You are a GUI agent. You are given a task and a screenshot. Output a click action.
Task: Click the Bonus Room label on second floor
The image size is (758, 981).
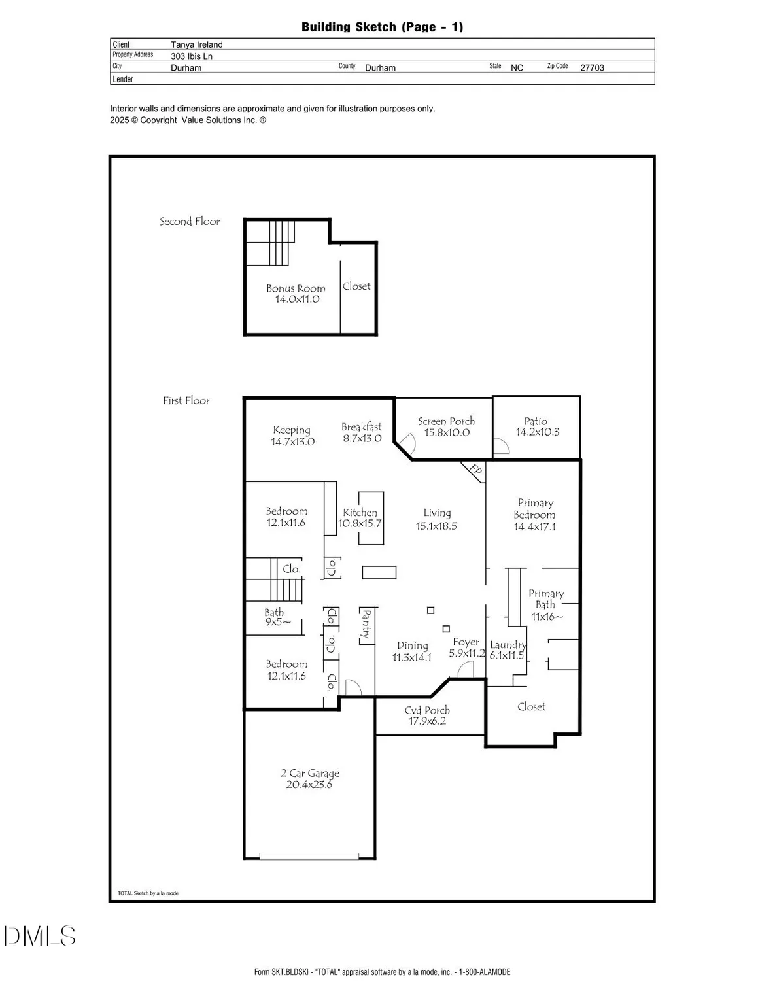click(x=296, y=288)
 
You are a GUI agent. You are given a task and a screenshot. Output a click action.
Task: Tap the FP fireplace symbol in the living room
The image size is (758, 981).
click(x=475, y=470)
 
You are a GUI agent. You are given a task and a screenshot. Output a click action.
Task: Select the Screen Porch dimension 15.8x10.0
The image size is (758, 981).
click(x=447, y=433)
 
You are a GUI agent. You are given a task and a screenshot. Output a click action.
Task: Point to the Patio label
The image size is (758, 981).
click(x=536, y=421)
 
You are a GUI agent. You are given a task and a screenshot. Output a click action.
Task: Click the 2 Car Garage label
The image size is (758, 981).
click(x=309, y=773)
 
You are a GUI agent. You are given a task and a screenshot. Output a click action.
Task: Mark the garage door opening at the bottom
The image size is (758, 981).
click(x=309, y=855)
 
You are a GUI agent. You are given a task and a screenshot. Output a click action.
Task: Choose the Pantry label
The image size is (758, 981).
click(x=366, y=624)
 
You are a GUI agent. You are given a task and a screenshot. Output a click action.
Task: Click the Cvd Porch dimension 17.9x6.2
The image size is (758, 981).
click(x=427, y=721)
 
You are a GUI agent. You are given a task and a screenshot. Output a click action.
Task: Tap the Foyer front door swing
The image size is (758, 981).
click(x=465, y=670)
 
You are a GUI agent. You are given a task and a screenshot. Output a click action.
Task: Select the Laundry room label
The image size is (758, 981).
click(x=508, y=645)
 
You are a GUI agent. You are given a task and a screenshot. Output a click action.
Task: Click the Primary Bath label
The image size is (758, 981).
click(x=546, y=599)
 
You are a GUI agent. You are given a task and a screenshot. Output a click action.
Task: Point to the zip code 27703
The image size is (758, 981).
click(x=592, y=67)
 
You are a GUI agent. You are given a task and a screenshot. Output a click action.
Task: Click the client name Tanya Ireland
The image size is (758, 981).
click(x=197, y=44)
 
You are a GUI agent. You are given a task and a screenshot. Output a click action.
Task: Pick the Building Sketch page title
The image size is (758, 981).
click(x=382, y=27)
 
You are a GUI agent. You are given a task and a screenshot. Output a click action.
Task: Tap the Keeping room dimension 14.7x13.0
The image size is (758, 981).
click(x=292, y=442)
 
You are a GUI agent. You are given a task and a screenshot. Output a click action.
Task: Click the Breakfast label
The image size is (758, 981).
click(x=362, y=427)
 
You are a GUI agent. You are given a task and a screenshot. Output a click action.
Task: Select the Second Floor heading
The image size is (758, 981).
click(x=190, y=222)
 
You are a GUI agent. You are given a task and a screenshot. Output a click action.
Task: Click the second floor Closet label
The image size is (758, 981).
click(x=356, y=286)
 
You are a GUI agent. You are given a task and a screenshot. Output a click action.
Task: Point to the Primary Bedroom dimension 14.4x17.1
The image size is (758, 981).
click(x=534, y=527)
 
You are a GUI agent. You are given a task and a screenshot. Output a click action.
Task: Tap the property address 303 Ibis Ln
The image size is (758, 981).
click(x=192, y=56)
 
